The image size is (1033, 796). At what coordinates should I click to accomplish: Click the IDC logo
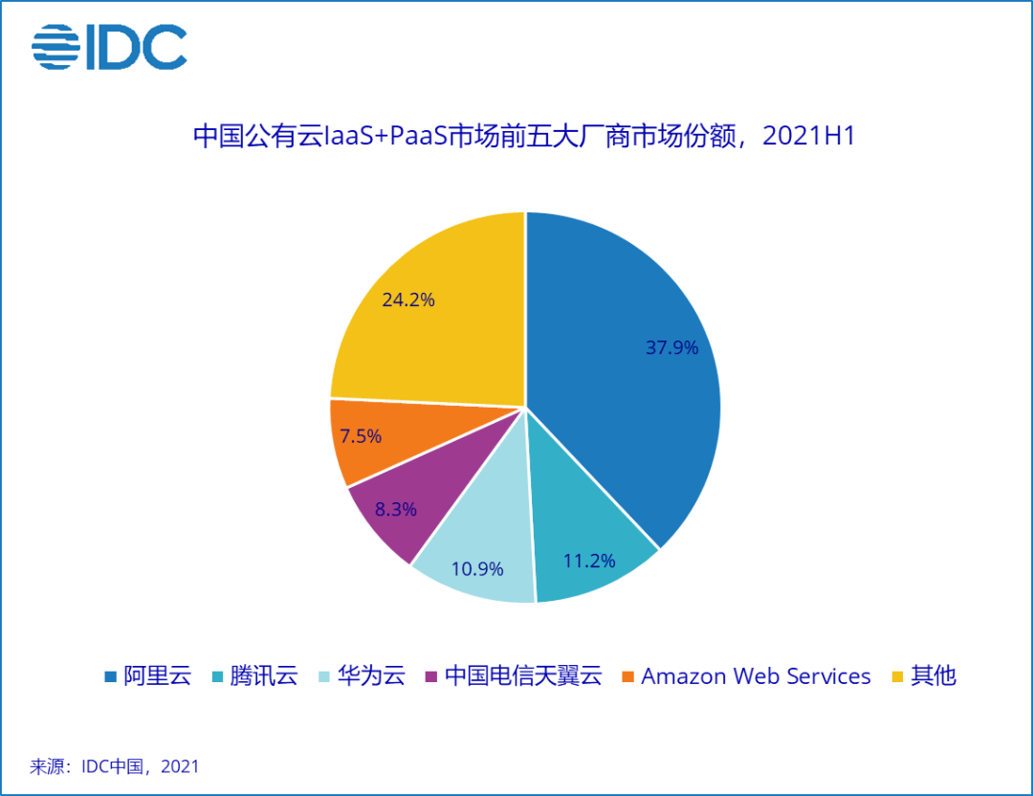pyautogui.click(x=109, y=48)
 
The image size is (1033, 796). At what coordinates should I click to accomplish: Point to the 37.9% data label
pyautogui.click(x=671, y=347)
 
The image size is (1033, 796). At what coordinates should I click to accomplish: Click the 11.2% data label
pyautogui.click(x=588, y=561)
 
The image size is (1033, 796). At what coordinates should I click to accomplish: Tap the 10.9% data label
pyautogui.click(x=476, y=570)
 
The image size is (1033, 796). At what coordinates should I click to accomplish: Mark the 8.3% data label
pyautogui.click(x=395, y=510)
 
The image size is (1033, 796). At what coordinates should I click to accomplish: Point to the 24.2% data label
pyautogui.click(x=407, y=299)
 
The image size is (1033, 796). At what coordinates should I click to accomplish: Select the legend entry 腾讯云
pyautogui.click(x=253, y=676)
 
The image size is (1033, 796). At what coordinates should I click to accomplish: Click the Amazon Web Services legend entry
pyautogui.click(x=746, y=676)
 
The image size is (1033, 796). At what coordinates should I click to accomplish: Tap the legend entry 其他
pyautogui.click(x=924, y=676)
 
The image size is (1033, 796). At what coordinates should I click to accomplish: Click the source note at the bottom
pyautogui.click(x=115, y=766)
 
